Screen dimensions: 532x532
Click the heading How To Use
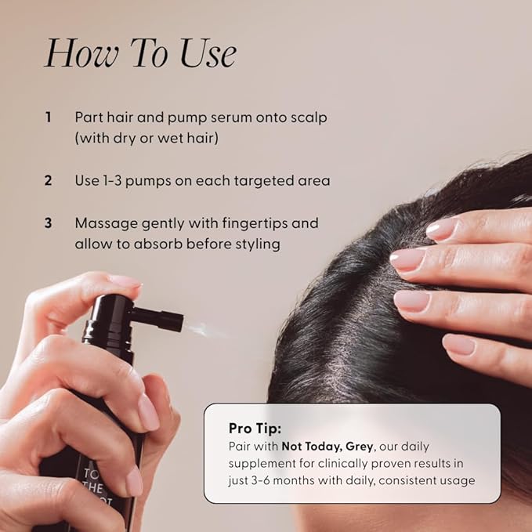(140, 54)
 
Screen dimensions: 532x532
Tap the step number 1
(48, 117)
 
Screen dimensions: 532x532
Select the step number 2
(48, 180)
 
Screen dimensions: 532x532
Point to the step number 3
(48, 223)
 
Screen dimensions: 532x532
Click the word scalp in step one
(307, 117)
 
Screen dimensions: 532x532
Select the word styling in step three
(256, 244)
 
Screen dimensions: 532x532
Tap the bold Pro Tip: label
(255, 428)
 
